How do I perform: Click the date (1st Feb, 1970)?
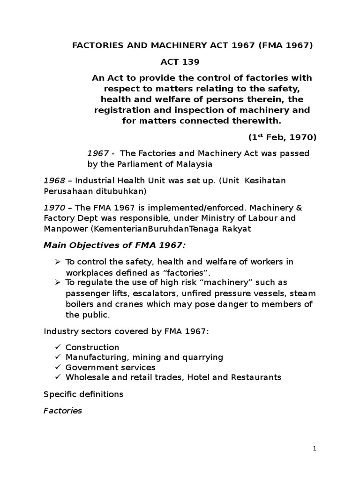282,137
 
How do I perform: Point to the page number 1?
315,449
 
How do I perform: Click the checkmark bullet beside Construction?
58,347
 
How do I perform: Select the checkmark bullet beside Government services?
58,367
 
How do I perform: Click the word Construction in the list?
92,347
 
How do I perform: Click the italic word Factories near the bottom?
63,411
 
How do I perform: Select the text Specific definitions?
83,394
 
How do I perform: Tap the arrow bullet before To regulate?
58,283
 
